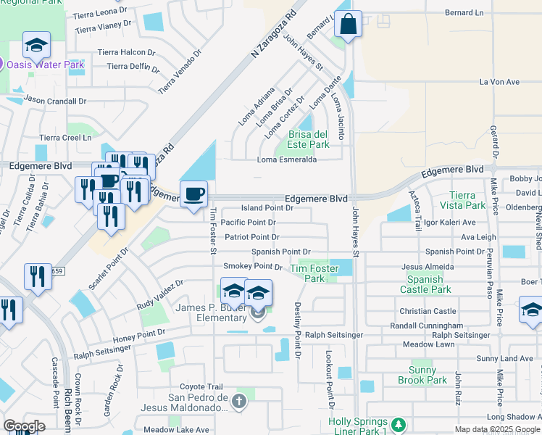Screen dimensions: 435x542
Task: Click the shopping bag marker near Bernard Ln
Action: click(349, 25)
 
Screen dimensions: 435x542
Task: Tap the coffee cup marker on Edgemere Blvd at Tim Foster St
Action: click(193, 194)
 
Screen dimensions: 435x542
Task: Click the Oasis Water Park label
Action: click(46, 65)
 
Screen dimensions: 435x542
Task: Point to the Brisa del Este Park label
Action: click(309, 139)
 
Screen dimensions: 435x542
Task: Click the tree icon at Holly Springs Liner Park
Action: click(397, 424)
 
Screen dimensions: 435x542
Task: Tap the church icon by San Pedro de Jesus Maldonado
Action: click(241, 401)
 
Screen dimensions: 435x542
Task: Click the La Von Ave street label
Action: click(499, 82)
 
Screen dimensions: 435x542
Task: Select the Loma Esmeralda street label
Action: click(287, 159)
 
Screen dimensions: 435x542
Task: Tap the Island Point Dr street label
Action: click(267, 207)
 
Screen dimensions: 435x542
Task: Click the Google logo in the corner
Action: click(24, 426)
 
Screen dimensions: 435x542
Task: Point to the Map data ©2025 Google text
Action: click(497, 429)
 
